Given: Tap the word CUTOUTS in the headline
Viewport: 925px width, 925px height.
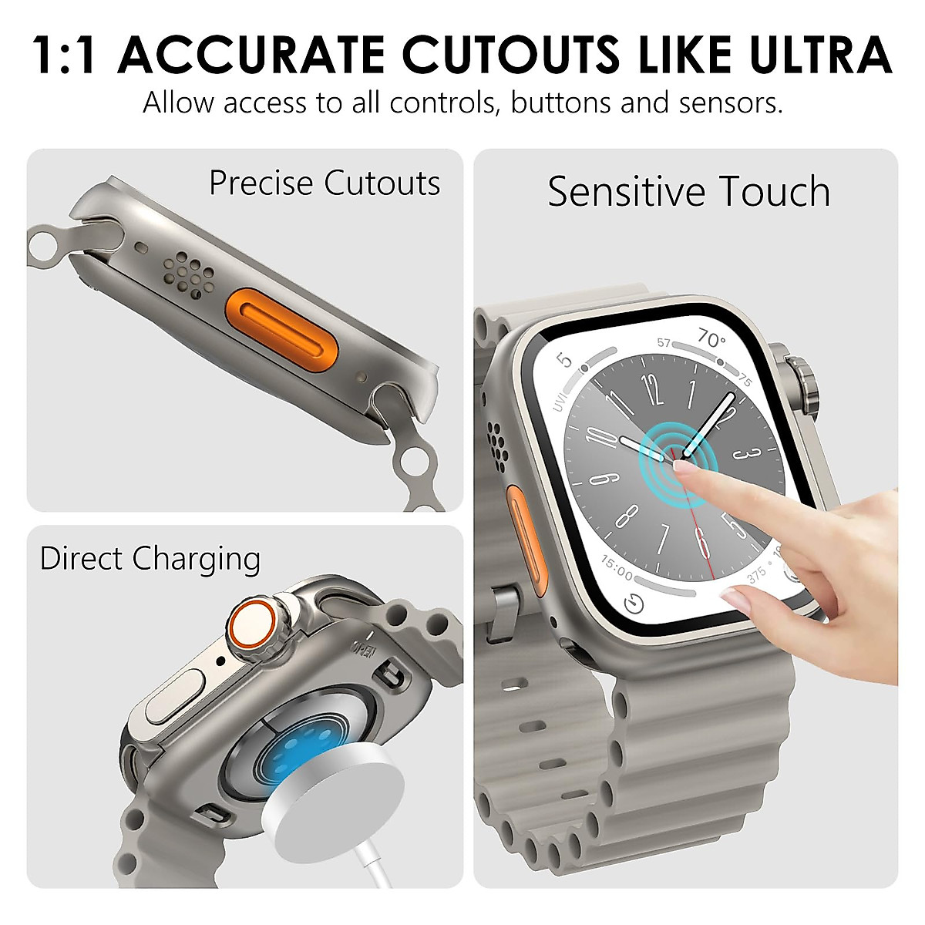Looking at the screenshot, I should [x=512, y=55].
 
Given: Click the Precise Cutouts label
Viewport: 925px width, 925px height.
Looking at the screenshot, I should [x=325, y=183].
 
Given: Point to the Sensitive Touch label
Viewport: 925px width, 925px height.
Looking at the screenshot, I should [x=688, y=191].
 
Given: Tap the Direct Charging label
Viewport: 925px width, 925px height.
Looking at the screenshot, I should [x=150, y=559].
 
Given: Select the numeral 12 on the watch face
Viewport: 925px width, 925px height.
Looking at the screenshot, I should [x=652, y=390].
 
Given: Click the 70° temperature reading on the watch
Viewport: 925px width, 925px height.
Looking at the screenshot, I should [x=711, y=338].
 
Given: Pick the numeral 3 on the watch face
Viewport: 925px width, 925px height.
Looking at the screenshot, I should [x=745, y=453].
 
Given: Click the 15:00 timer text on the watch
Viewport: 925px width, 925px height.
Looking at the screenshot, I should [x=616, y=569].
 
